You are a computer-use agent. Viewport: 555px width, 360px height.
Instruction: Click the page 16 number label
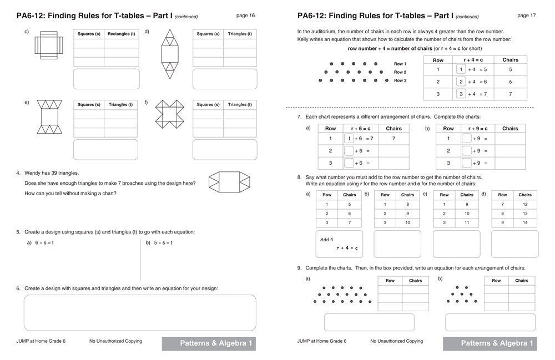[x=245, y=16]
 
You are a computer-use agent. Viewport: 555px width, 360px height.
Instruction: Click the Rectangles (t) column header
[x=121, y=34]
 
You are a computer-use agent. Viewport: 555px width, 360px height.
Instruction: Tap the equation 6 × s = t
[x=47, y=243]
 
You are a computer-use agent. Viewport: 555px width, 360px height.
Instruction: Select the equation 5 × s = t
[x=163, y=243]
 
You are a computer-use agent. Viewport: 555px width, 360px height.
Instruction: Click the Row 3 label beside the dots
[x=400, y=80]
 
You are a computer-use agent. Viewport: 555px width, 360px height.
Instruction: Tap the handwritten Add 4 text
[x=327, y=240]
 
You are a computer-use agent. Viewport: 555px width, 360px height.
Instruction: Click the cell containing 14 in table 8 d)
[x=525, y=222]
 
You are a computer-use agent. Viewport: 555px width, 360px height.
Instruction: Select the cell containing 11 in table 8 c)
[x=467, y=222]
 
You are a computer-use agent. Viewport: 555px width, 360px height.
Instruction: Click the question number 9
[x=299, y=268]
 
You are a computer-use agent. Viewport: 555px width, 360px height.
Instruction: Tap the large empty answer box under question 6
[x=140, y=312]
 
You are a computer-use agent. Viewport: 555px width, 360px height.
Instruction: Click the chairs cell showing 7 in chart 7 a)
[x=393, y=138]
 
